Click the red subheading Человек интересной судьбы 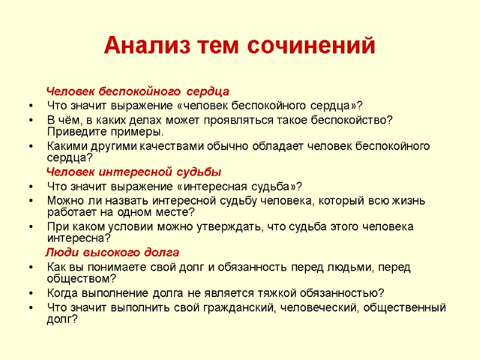pyautogui.click(x=134, y=172)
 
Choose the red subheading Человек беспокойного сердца pyautogui.click(x=138, y=92)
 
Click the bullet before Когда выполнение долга pyautogui.click(x=30, y=293)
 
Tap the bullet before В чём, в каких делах pyautogui.click(x=30, y=119)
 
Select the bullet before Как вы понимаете pyautogui.click(x=30, y=266)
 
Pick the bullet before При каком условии pyautogui.click(x=30, y=227)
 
